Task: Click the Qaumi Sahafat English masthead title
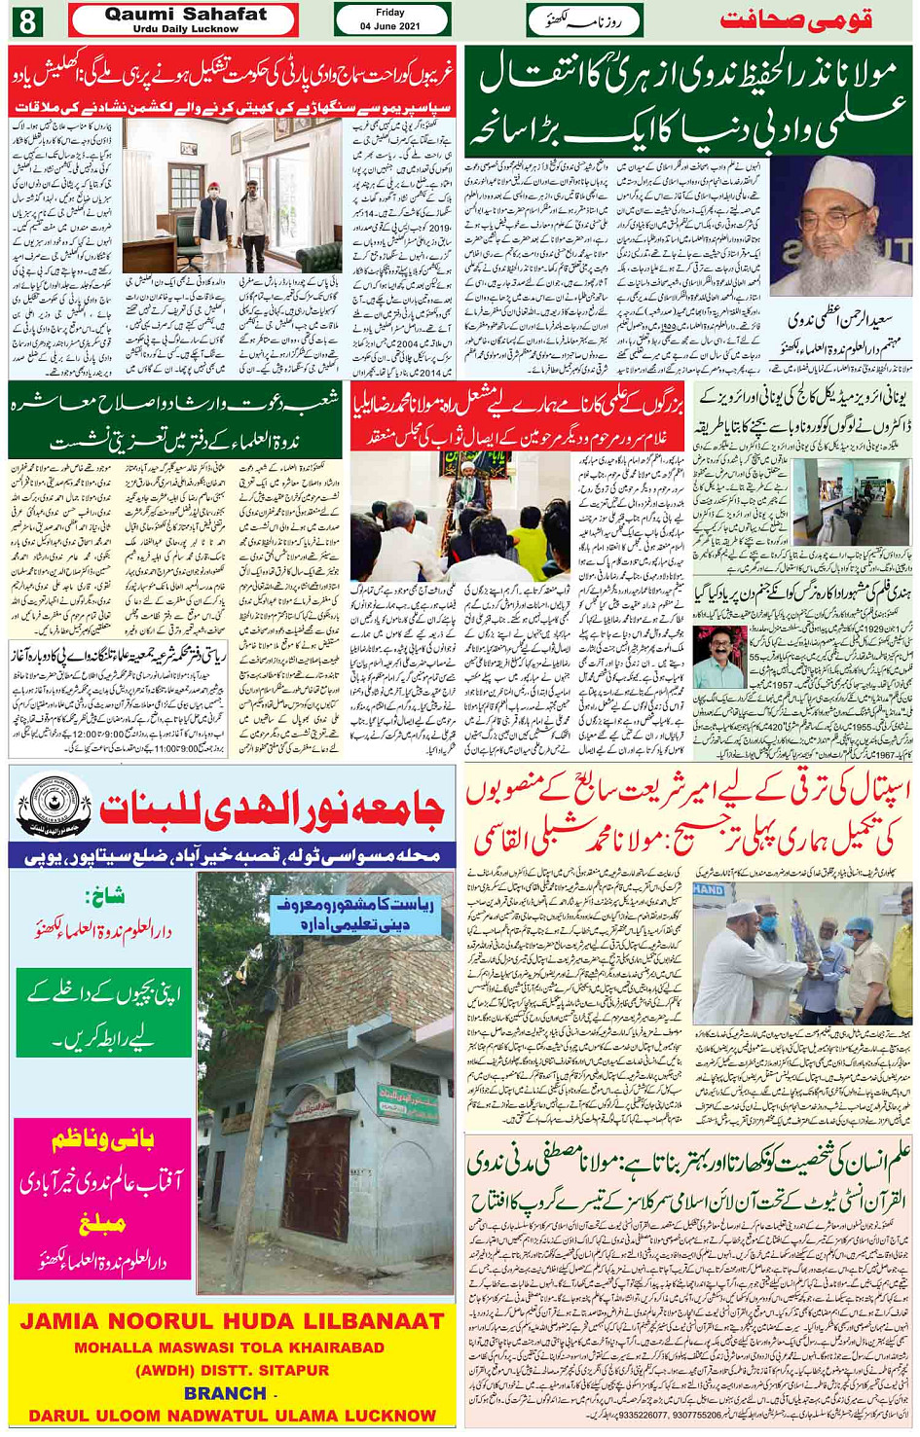[185, 14]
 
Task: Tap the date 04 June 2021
[390, 26]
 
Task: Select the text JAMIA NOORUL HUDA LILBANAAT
[232, 1321]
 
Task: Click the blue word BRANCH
[225, 1393]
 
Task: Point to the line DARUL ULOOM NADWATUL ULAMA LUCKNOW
[232, 1416]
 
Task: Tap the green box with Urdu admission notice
[104, 1011]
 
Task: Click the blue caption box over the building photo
[354, 913]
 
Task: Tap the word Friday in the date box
[390, 13]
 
